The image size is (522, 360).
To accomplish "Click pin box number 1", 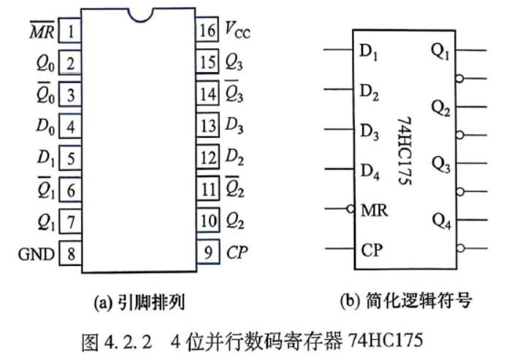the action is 70,31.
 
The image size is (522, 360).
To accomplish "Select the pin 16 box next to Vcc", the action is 207,29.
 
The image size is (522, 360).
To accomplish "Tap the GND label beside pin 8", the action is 37,254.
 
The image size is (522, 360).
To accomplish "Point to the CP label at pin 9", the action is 237,252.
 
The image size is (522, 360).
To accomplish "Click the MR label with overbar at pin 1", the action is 42,30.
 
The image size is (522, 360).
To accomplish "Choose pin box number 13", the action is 208,126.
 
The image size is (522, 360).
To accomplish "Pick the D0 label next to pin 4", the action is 45,126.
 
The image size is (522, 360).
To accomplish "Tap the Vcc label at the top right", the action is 238,30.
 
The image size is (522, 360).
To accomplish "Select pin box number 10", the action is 208,220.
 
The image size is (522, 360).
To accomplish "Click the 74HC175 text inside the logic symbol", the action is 405,150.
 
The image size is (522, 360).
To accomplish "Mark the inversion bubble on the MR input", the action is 350,209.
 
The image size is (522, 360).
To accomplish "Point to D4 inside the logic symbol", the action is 370,172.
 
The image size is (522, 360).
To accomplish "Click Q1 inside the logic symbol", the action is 440,52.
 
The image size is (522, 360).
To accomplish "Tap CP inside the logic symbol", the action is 372,250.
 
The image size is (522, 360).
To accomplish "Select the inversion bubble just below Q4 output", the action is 461,248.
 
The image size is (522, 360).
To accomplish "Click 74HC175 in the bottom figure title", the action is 385,340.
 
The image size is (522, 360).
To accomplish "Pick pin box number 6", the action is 71,190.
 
